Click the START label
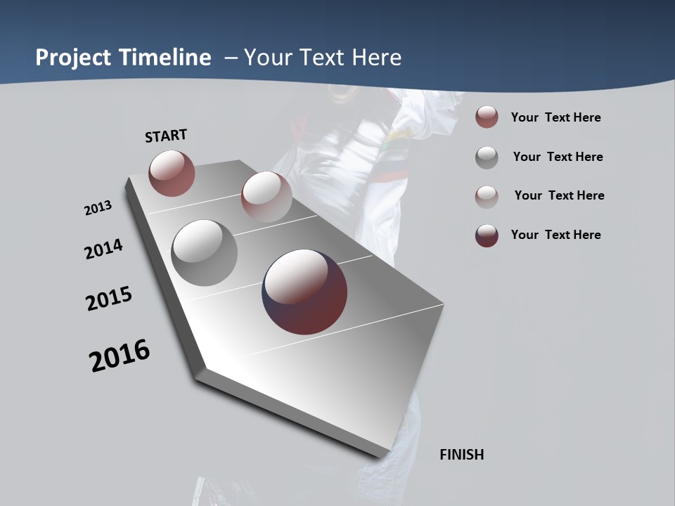point(166,136)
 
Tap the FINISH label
point(462,455)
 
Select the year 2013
point(98,208)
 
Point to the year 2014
point(103,249)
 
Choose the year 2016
point(120,355)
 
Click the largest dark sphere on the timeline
point(304,292)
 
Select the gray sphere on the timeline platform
point(204,253)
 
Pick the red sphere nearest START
point(172,173)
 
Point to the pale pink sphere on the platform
point(266,196)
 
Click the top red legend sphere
point(487,117)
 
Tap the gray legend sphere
point(487,157)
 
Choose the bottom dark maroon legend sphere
point(487,235)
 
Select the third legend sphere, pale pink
point(487,196)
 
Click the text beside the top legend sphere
point(555,117)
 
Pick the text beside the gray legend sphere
point(558,157)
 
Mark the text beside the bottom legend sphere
point(555,235)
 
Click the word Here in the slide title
point(376,58)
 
